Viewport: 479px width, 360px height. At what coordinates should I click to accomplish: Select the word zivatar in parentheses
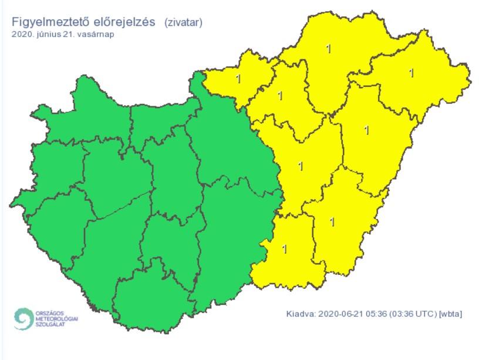(x=184, y=23)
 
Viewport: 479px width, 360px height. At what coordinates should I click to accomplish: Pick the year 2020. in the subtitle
(x=21, y=34)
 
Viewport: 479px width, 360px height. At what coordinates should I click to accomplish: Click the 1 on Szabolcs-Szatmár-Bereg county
(x=411, y=73)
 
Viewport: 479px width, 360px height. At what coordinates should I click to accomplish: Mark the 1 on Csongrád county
(x=285, y=249)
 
